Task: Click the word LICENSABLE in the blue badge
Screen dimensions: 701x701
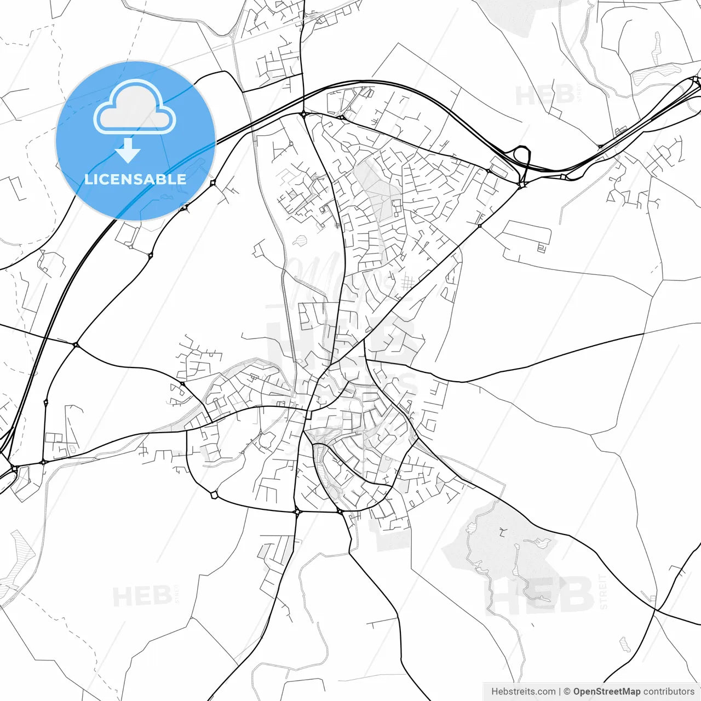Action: click(135, 179)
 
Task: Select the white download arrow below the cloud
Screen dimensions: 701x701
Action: click(128, 150)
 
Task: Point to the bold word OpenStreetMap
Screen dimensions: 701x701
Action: click(607, 692)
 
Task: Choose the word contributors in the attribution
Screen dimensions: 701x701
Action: click(669, 692)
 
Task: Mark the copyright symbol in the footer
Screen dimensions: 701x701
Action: click(567, 692)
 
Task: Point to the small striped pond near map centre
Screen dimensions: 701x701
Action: click(300, 240)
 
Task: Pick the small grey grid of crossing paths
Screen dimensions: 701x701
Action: click(407, 283)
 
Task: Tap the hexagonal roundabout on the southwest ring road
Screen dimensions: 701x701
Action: click(214, 495)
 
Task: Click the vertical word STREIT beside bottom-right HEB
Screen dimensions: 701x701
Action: click(603, 591)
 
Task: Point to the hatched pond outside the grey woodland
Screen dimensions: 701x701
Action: click(624, 645)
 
